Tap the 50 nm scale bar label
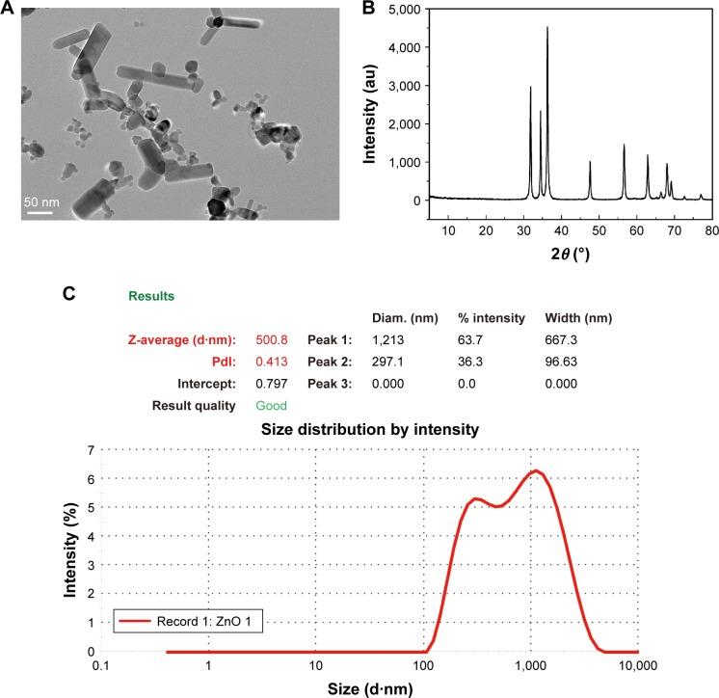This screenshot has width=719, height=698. tap(40, 202)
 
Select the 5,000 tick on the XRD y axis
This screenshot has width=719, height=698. tap(402, 9)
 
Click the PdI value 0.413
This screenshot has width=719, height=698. tap(271, 362)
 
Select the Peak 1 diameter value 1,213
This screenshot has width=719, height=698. tap(388, 339)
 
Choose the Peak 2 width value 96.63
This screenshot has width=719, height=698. tap(565, 362)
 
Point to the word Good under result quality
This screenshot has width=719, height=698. tap(271, 406)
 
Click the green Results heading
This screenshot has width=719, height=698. tap(149, 296)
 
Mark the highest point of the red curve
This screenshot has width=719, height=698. tap(535, 470)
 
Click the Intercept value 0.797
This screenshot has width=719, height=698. tap(271, 384)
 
